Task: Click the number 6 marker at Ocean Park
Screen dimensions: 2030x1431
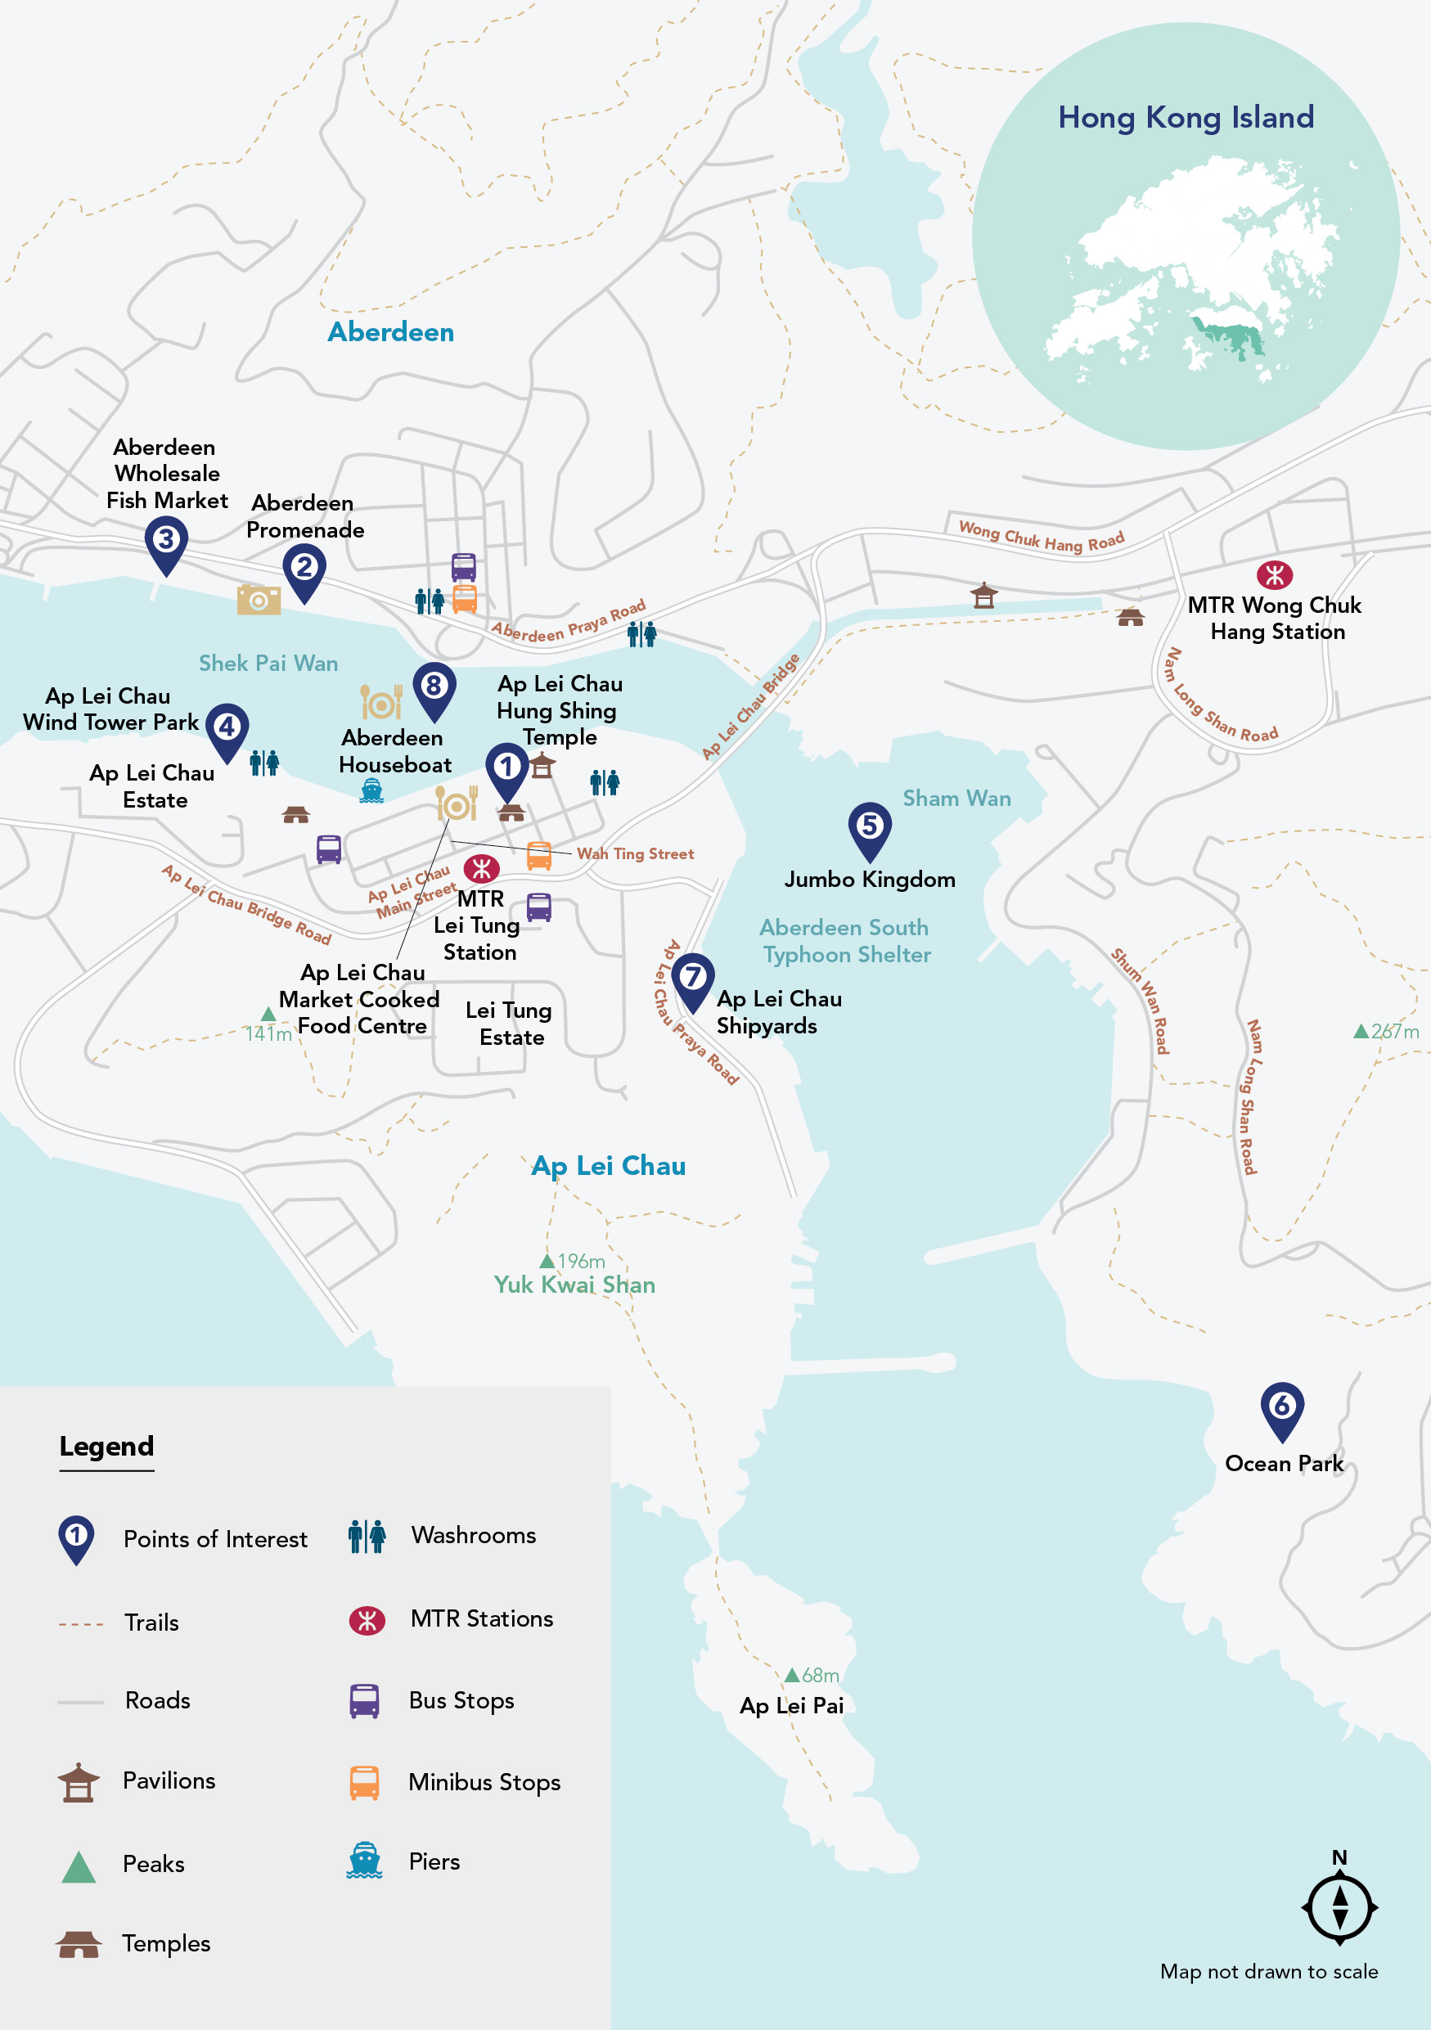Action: (x=1280, y=1407)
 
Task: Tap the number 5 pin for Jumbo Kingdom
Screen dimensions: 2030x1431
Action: (x=869, y=826)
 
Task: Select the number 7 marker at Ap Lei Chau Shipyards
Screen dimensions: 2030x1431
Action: (x=693, y=978)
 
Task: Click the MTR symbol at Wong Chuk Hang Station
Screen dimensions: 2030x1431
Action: (x=1274, y=575)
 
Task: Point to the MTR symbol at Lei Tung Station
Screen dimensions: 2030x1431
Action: (x=482, y=868)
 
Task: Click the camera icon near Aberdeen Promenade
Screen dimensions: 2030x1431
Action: (x=258, y=600)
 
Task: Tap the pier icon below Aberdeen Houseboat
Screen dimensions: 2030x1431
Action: (x=371, y=790)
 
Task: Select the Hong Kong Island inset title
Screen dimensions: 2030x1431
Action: (x=1186, y=118)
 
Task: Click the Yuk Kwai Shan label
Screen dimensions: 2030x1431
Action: (x=574, y=1285)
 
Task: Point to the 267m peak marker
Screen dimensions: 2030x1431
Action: (x=1361, y=1031)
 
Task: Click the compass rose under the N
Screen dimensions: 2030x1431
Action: (x=1339, y=1907)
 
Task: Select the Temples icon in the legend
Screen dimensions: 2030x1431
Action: (x=79, y=1944)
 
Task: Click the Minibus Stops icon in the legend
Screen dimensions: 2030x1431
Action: (x=364, y=1782)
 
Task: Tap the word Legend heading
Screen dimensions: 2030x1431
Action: (x=106, y=1447)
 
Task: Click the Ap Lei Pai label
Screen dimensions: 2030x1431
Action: (x=791, y=1705)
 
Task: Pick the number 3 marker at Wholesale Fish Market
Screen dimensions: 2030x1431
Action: (x=165, y=540)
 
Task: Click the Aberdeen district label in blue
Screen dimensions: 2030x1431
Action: (x=390, y=332)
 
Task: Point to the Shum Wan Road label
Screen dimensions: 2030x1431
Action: (x=1141, y=1001)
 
